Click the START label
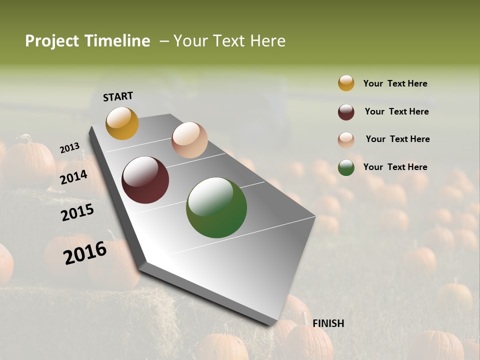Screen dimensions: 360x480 tap(118, 96)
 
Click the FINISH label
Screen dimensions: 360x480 tap(328, 323)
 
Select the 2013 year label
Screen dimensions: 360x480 tap(69, 148)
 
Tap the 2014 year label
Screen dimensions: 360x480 tap(74, 177)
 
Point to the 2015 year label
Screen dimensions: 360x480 tap(77, 212)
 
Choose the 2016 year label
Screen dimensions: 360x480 tap(85, 253)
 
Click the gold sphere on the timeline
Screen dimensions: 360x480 tap(122, 123)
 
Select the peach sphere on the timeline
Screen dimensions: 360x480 tap(189, 140)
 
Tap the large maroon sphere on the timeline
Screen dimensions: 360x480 tap(145, 180)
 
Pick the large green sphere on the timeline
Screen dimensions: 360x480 tap(216, 207)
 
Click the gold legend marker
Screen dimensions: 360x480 tap(346, 83)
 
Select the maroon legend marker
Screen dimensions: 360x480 tap(346, 112)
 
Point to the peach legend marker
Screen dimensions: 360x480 tap(346, 140)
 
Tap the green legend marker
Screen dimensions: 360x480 tap(346, 167)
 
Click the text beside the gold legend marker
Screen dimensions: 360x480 tap(395, 84)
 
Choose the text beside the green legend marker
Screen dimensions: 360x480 tap(395, 167)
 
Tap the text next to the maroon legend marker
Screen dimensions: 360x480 tap(396, 111)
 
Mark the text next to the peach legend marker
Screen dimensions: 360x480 tap(397, 139)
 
